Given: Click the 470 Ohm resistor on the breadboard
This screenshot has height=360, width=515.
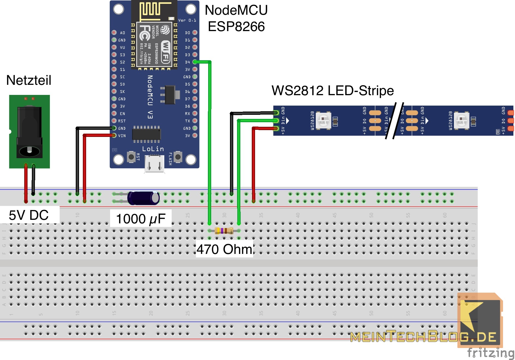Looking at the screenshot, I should click(224, 231).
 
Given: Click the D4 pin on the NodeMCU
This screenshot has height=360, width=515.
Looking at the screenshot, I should click(195, 62).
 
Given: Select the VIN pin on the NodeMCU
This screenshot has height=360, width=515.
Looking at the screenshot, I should click(114, 136).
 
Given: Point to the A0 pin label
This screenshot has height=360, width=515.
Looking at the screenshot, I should click(122, 33).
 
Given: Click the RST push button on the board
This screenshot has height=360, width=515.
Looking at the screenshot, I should click(131, 157).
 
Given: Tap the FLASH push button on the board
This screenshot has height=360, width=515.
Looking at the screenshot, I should click(178, 157).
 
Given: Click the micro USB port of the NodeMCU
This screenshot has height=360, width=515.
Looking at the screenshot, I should click(154, 164).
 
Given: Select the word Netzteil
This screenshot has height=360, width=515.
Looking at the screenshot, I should click(29, 80).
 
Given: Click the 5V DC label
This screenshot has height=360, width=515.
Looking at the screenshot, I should click(29, 215).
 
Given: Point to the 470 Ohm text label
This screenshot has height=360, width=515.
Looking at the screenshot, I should click(224, 249).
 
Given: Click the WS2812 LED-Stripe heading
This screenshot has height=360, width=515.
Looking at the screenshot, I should click(332, 91).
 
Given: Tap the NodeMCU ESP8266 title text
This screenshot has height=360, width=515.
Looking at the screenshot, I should click(236, 18).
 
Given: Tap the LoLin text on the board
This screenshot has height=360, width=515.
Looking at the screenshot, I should click(153, 149).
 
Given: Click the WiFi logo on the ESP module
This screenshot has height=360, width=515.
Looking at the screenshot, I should click(165, 52).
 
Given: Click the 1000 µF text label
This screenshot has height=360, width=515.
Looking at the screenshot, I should click(141, 219).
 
